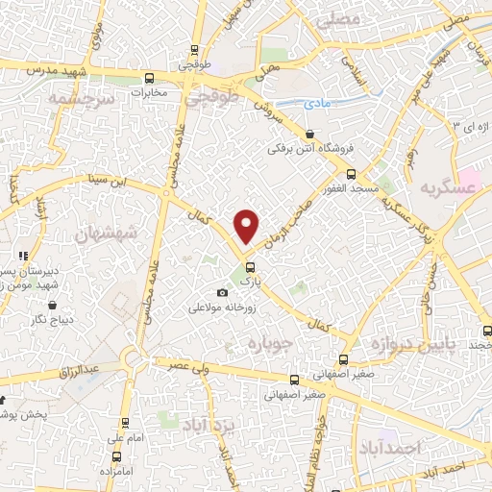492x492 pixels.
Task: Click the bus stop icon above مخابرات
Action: click(148, 79)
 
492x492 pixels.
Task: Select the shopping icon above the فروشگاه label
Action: click(309, 135)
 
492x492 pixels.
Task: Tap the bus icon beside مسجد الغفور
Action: click(352, 174)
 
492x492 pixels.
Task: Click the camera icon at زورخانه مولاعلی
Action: click(223, 292)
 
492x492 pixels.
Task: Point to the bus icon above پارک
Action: click(250, 266)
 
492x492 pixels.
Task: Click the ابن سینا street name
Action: click(103, 180)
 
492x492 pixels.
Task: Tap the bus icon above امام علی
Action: click(125, 423)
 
